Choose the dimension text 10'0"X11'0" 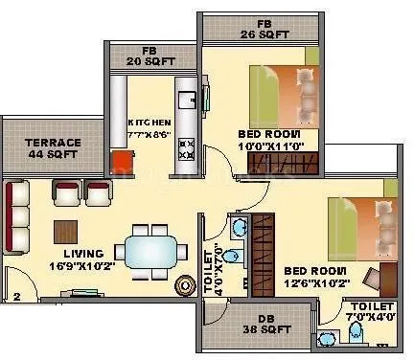tap(271, 147)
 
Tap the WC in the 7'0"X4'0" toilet tap(356, 332)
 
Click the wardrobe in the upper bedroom tap(272, 168)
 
